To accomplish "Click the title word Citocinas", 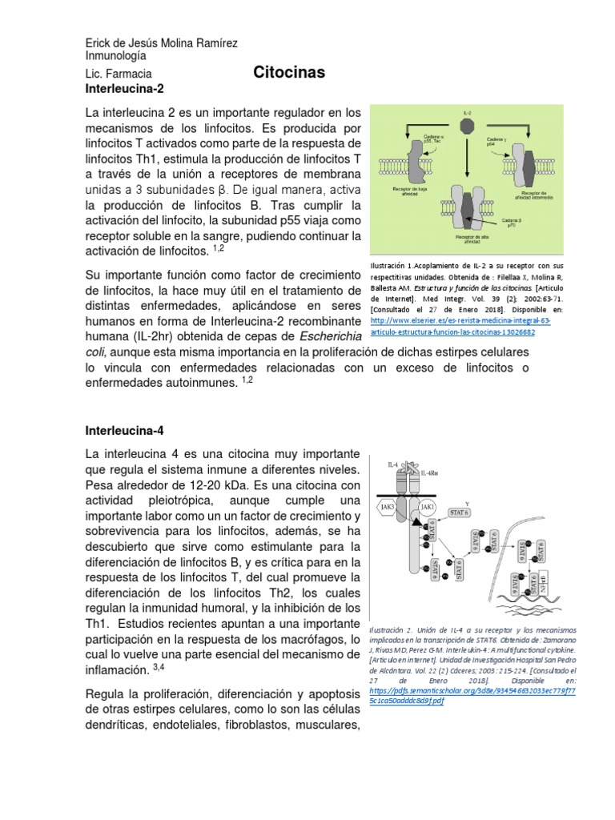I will (289, 73).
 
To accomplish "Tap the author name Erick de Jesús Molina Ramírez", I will (161, 42).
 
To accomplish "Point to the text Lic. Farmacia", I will (119, 73).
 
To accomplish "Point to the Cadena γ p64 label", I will (498, 143).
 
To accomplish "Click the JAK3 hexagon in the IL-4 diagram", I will (388, 506).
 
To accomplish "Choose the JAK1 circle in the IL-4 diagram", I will (428, 506).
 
